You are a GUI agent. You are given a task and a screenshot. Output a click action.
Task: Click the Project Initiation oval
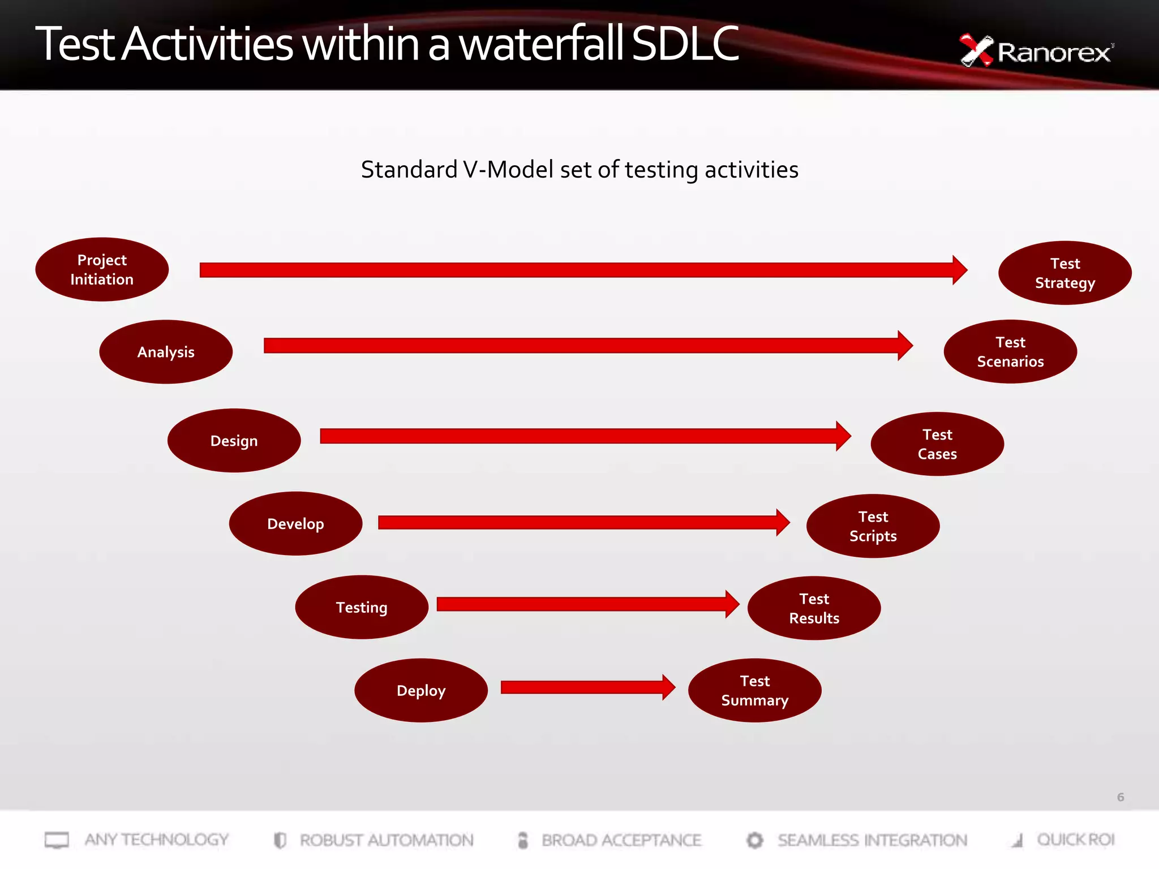102,269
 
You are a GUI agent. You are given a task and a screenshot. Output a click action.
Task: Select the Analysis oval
166,352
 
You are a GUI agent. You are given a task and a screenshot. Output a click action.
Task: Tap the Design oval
234,441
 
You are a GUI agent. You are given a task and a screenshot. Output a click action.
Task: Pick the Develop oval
295,523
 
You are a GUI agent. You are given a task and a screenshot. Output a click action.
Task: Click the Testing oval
362,607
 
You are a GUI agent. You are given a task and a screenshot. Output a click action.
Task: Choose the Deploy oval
421,690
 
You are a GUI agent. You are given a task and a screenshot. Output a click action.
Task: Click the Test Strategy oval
1065,273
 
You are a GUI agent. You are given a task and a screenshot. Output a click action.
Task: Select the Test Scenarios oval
1010,352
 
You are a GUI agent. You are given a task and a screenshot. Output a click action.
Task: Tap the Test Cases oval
937,444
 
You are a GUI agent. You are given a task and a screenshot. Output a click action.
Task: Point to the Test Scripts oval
873,526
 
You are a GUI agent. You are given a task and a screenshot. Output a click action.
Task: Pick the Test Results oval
814,608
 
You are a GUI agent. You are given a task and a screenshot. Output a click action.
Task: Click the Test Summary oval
754,690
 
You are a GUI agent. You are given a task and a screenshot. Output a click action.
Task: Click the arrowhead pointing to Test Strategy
959,270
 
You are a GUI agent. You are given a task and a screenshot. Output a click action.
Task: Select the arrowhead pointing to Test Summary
668,687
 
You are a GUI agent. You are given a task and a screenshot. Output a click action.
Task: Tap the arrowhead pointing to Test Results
732,604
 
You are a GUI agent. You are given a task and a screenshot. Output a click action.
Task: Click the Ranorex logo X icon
976,50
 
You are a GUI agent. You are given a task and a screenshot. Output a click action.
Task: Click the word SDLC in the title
685,44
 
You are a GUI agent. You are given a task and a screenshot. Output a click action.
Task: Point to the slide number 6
1120,797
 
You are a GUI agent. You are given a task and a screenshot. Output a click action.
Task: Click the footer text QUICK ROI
1075,840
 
